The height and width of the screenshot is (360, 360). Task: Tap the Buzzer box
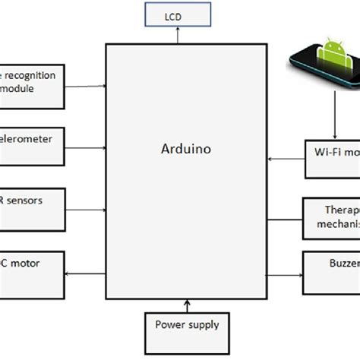[x=331, y=265]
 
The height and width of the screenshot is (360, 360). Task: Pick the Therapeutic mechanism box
[x=331, y=215]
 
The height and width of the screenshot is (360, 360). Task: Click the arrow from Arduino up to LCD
[x=177, y=35]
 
